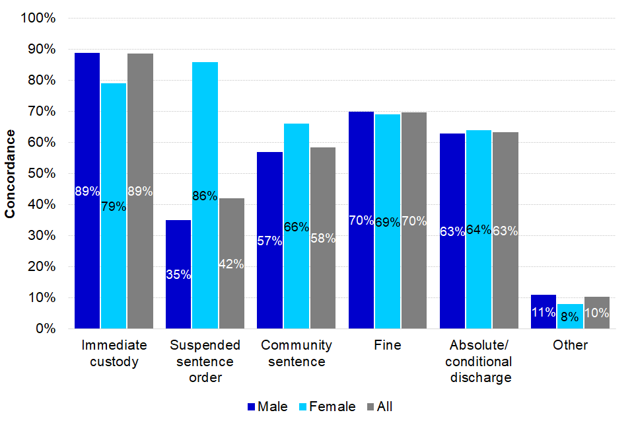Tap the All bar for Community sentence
click(323, 238)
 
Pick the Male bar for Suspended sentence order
click(178, 274)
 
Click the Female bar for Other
click(569, 317)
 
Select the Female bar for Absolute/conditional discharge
click(478, 229)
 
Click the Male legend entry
click(267, 406)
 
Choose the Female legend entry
click(328, 406)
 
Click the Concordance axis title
click(11, 174)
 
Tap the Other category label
click(570, 345)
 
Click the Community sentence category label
click(296, 354)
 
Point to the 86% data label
click(205, 196)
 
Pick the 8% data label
click(569, 317)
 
